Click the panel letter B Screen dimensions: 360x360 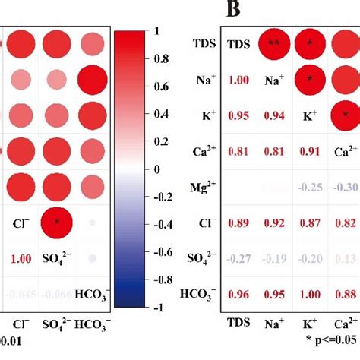[230, 11]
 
